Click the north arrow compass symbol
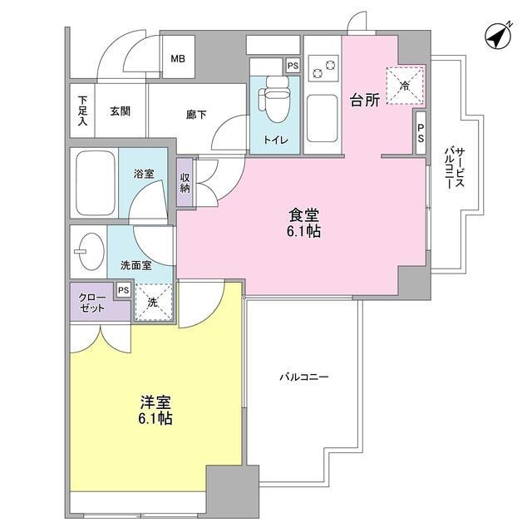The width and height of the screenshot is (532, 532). click(x=497, y=37)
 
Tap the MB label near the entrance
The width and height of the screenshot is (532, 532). click(x=178, y=59)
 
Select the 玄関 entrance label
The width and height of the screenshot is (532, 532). click(x=118, y=111)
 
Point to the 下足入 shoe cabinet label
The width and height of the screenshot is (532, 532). click(x=82, y=111)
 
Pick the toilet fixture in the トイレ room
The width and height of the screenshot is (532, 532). click(x=273, y=101)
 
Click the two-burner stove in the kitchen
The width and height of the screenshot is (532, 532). click(x=322, y=66)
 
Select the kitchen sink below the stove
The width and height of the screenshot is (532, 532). click(x=321, y=117)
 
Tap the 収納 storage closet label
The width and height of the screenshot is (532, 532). click(x=185, y=181)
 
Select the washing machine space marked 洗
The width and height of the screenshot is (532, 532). click(x=153, y=303)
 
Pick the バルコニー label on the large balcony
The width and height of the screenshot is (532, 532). click(x=304, y=377)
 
